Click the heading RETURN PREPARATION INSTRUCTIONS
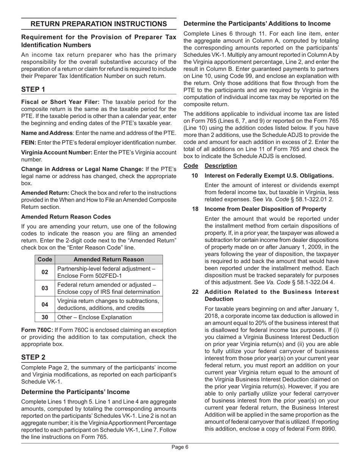[99, 24]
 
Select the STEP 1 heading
[33, 90]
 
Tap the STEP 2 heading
[33, 357]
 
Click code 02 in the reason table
[45, 272]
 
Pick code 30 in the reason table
[45, 317]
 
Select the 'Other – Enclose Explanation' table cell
[94, 317]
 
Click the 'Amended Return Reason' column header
[108, 260]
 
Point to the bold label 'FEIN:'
[28, 142]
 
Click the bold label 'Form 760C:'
[37, 330]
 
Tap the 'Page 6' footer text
[180, 447]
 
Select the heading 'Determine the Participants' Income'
[75, 392]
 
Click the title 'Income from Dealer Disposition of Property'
[265, 209]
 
